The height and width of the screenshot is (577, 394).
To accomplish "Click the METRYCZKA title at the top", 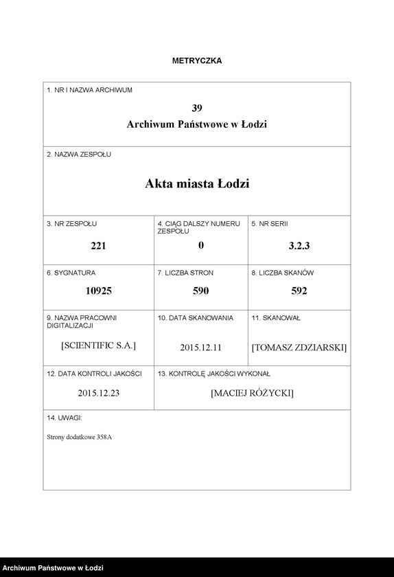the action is [197, 61].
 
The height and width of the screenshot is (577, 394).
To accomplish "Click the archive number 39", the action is [197, 108].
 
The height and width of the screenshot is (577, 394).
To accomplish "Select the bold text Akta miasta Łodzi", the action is [197, 184].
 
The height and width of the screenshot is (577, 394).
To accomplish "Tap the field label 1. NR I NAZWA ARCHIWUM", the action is [89, 90].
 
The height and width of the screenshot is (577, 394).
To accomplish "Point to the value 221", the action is [99, 246].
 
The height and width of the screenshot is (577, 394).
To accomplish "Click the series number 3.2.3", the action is [299, 246].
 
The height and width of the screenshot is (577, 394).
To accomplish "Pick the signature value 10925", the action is [99, 291].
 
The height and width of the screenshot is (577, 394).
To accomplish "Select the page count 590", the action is [200, 291].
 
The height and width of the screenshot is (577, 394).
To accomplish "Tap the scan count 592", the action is [299, 291].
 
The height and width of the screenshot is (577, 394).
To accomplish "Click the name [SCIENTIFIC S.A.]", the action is [99, 346].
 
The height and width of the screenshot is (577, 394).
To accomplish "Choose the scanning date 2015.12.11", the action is [200, 348].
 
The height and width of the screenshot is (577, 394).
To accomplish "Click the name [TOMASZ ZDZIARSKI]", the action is [299, 348].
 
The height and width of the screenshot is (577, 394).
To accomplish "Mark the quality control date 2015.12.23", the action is [99, 394].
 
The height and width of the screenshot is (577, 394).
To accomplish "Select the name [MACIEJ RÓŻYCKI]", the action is [253, 394].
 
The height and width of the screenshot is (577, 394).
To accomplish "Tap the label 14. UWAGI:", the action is [65, 418].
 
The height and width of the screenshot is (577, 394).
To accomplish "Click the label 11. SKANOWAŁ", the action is [276, 318].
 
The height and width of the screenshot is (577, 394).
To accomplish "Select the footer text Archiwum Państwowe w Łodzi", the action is [53, 567].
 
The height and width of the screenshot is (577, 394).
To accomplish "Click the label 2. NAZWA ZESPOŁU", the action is [79, 155].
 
